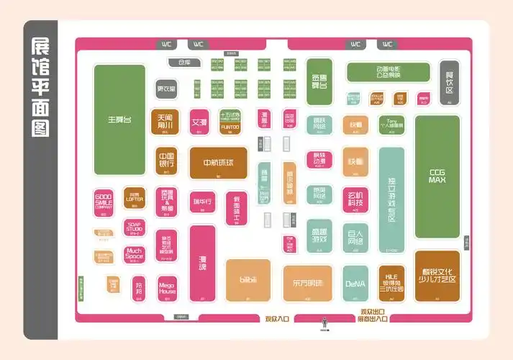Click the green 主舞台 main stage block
119,119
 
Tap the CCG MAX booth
437,176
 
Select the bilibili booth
248,279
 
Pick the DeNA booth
355,283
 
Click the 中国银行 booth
166,160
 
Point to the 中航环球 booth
218,163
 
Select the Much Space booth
135,253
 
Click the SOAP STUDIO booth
135,226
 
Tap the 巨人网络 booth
355,236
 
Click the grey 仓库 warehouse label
184,63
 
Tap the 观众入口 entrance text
276,318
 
